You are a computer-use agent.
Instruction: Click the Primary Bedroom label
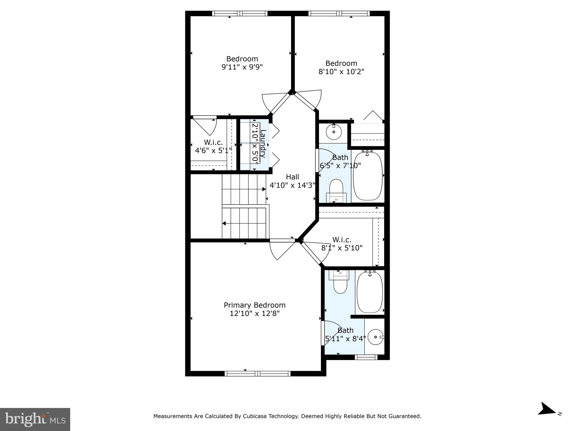point(254,305)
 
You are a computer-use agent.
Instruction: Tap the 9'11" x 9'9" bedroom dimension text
point(242,67)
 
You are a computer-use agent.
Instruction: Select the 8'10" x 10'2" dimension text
point(341,72)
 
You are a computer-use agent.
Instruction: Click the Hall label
point(292,177)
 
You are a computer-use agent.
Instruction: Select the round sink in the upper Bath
point(334,132)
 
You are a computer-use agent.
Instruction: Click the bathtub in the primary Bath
point(369,292)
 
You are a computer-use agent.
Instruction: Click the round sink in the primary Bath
point(375,337)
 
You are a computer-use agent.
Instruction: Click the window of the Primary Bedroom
point(257,373)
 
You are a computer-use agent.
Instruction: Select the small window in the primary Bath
point(366,357)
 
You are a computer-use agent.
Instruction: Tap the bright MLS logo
point(35,419)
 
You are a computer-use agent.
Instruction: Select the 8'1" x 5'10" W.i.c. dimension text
point(342,248)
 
